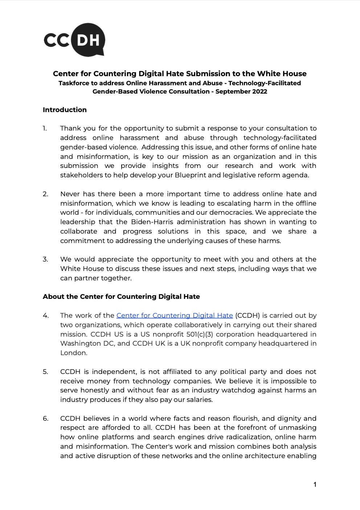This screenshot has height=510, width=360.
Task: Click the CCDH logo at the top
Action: point(74,40)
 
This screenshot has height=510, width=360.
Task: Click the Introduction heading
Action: point(65,110)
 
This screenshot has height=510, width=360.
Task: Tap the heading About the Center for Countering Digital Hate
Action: point(121,297)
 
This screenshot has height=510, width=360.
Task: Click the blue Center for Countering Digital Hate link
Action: point(175,316)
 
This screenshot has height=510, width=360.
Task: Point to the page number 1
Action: point(315,485)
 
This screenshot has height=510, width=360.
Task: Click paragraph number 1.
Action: point(45,128)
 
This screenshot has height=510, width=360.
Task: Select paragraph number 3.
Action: point(45,259)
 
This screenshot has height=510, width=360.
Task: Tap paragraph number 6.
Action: point(45,419)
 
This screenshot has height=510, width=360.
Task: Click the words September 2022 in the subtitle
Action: point(241,91)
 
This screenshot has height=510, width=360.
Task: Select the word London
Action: point(74,353)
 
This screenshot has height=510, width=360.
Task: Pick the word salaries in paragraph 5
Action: point(199,400)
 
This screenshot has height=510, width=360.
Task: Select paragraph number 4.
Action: point(45,316)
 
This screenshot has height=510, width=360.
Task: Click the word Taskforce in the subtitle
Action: point(74,83)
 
